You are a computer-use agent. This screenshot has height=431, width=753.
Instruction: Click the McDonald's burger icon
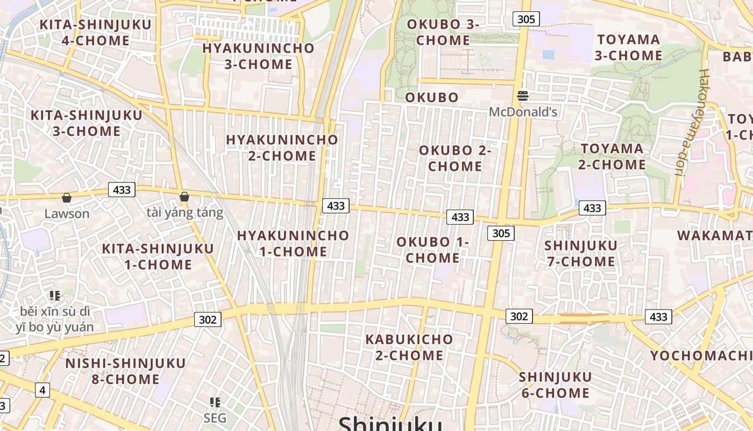(x=523, y=96)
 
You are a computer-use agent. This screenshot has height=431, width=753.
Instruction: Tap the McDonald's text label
(x=523, y=112)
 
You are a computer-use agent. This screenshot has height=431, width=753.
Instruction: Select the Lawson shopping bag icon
(x=67, y=198)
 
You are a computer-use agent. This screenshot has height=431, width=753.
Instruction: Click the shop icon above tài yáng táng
(x=184, y=197)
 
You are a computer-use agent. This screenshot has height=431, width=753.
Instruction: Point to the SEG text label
(x=215, y=418)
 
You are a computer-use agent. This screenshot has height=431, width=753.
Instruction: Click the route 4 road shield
(x=42, y=390)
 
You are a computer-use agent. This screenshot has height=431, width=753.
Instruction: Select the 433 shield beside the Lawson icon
(x=122, y=190)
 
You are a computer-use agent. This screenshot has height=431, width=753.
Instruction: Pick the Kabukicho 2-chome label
(x=409, y=347)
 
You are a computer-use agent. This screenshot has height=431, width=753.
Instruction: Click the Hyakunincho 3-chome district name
(x=258, y=56)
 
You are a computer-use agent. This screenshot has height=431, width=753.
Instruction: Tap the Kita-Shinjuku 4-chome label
(x=84, y=32)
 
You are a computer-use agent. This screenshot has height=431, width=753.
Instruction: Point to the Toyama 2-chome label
(x=612, y=156)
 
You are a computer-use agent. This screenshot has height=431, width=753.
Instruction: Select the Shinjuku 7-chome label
(x=580, y=254)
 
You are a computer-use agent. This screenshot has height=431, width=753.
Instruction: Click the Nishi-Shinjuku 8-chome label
(x=125, y=371)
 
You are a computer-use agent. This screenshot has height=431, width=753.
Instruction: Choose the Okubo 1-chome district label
(x=432, y=250)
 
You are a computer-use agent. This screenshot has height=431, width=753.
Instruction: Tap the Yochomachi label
(x=701, y=356)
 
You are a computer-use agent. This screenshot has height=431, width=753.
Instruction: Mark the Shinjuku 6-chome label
(x=555, y=385)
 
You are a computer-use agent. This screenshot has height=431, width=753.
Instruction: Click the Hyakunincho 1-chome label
(x=293, y=244)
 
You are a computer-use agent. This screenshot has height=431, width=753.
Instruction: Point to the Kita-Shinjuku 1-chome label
(x=158, y=256)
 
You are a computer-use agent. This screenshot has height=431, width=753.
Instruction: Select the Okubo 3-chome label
(x=443, y=32)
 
